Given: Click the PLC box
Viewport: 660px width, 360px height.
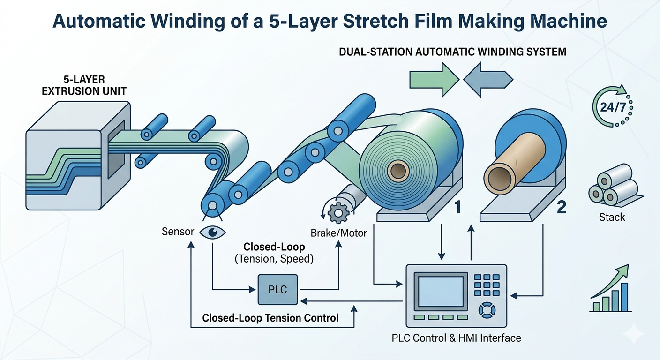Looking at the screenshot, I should click(x=277, y=290).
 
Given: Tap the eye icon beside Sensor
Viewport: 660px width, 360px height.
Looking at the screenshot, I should click(x=213, y=232).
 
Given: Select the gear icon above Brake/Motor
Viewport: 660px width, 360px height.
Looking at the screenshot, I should click(x=337, y=213).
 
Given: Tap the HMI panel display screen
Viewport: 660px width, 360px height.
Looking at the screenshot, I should click(x=440, y=291).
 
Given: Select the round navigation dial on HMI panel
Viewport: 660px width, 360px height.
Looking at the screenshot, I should click(x=486, y=310).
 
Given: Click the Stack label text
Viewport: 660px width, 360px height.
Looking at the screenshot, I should click(x=612, y=217).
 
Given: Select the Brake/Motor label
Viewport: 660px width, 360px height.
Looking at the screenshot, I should click(x=338, y=232).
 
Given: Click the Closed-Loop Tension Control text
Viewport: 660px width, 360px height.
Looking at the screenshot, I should click(x=270, y=318).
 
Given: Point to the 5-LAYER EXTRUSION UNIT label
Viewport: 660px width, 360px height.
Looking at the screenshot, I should click(x=84, y=85).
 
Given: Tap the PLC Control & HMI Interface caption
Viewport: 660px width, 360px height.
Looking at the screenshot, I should click(x=456, y=337).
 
